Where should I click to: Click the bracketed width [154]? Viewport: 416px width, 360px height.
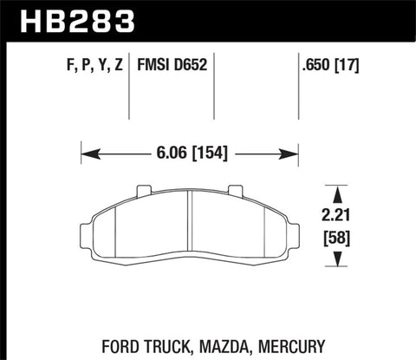[x=211, y=155]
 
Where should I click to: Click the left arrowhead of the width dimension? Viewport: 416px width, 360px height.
[x=86, y=155]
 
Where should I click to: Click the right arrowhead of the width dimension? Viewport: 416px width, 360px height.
[x=294, y=155]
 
